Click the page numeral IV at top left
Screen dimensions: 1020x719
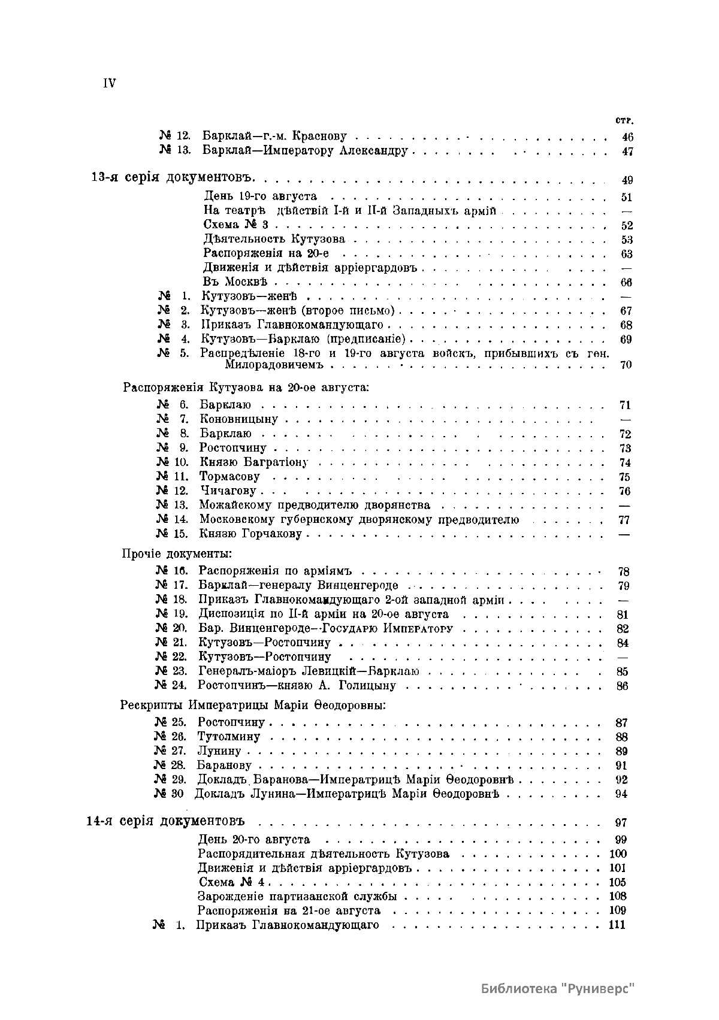coord(109,83)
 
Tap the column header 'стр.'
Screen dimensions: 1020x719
coord(623,120)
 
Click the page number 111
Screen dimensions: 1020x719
coord(617,925)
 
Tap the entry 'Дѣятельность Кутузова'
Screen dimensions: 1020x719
coord(274,240)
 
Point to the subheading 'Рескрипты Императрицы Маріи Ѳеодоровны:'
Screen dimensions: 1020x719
coord(253,705)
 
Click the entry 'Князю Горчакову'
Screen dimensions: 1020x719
coord(252,534)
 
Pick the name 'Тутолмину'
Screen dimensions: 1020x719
coord(229,737)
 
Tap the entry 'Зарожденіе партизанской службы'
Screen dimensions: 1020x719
coord(297,897)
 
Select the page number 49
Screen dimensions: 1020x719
coord(627,180)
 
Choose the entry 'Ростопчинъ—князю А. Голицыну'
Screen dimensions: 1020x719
coord(297,685)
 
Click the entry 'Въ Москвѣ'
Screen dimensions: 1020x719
coord(235,282)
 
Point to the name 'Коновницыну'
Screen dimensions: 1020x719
coord(239,419)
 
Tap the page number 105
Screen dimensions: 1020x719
coord(617,882)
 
